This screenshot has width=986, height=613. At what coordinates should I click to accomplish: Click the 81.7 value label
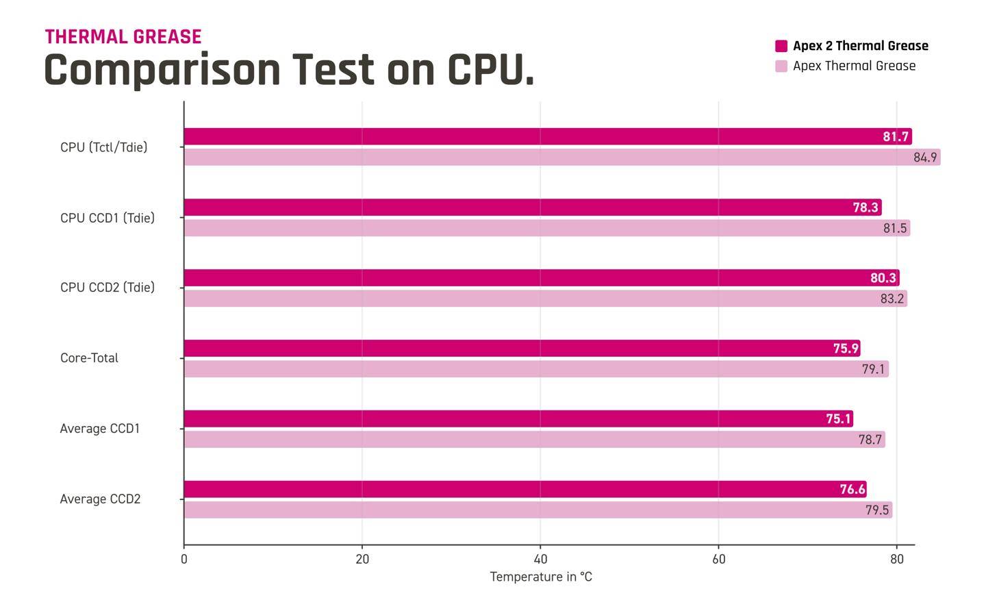[x=896, y=136]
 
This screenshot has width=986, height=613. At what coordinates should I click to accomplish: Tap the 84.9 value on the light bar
[x=925, y=158]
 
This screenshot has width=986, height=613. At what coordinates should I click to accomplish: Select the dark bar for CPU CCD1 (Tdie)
[x=533, y=208]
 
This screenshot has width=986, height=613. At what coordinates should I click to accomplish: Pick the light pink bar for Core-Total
[x=536, y=369]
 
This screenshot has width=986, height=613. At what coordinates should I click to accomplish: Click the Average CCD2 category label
[x=101, y=499]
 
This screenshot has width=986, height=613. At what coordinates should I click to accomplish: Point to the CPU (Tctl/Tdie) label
[x=104, y=147]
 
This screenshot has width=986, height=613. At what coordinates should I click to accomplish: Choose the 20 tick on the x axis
[x=362, y=560]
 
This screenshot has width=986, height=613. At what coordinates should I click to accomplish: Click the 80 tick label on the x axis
[x=897, y=560]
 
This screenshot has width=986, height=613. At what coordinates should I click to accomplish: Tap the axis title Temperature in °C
[x=541, y=577]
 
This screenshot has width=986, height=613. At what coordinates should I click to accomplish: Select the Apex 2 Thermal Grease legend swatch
[x=781, y=46]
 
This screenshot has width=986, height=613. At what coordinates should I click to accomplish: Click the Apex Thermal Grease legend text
[x=855, y=66]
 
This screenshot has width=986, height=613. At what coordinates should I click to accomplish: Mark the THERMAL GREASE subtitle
[x=123, y=36]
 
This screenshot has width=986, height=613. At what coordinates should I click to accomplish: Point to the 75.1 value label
[x=839, y=418]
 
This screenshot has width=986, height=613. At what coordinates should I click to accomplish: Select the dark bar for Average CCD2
[x=525, y=489]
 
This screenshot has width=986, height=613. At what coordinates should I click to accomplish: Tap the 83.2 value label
[x=892, y=299]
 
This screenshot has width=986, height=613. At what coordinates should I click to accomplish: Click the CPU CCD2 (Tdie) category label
[x=108, y=288]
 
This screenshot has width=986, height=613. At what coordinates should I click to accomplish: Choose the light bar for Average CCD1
[x=534, y=440]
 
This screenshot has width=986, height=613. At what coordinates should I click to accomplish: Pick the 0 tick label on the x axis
[x=184, y=560]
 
